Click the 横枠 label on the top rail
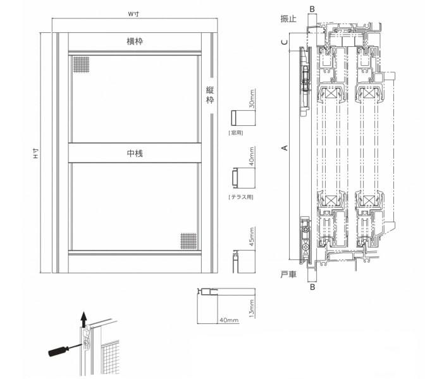tap(135, 42)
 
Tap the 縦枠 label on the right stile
tap(210, 95)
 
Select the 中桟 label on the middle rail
tap(135, 154)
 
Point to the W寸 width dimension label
tap(133, 14)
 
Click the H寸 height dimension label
tap(36, 154)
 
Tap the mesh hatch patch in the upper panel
tap(82, 65)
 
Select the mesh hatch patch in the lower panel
tap(188, 241)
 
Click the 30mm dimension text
tap(252, 99)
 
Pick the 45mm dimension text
tap(252, 237)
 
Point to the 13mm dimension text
tap(252, 309)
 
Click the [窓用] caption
tap(236, 133)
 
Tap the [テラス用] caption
tap(241, 197)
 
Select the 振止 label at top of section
tap(288, 19)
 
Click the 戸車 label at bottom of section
tap(288, 275)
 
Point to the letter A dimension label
tap(285, 148)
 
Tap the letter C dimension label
tap(285, 42)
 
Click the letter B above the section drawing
tap(312, 9)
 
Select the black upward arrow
tap(84, 319)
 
